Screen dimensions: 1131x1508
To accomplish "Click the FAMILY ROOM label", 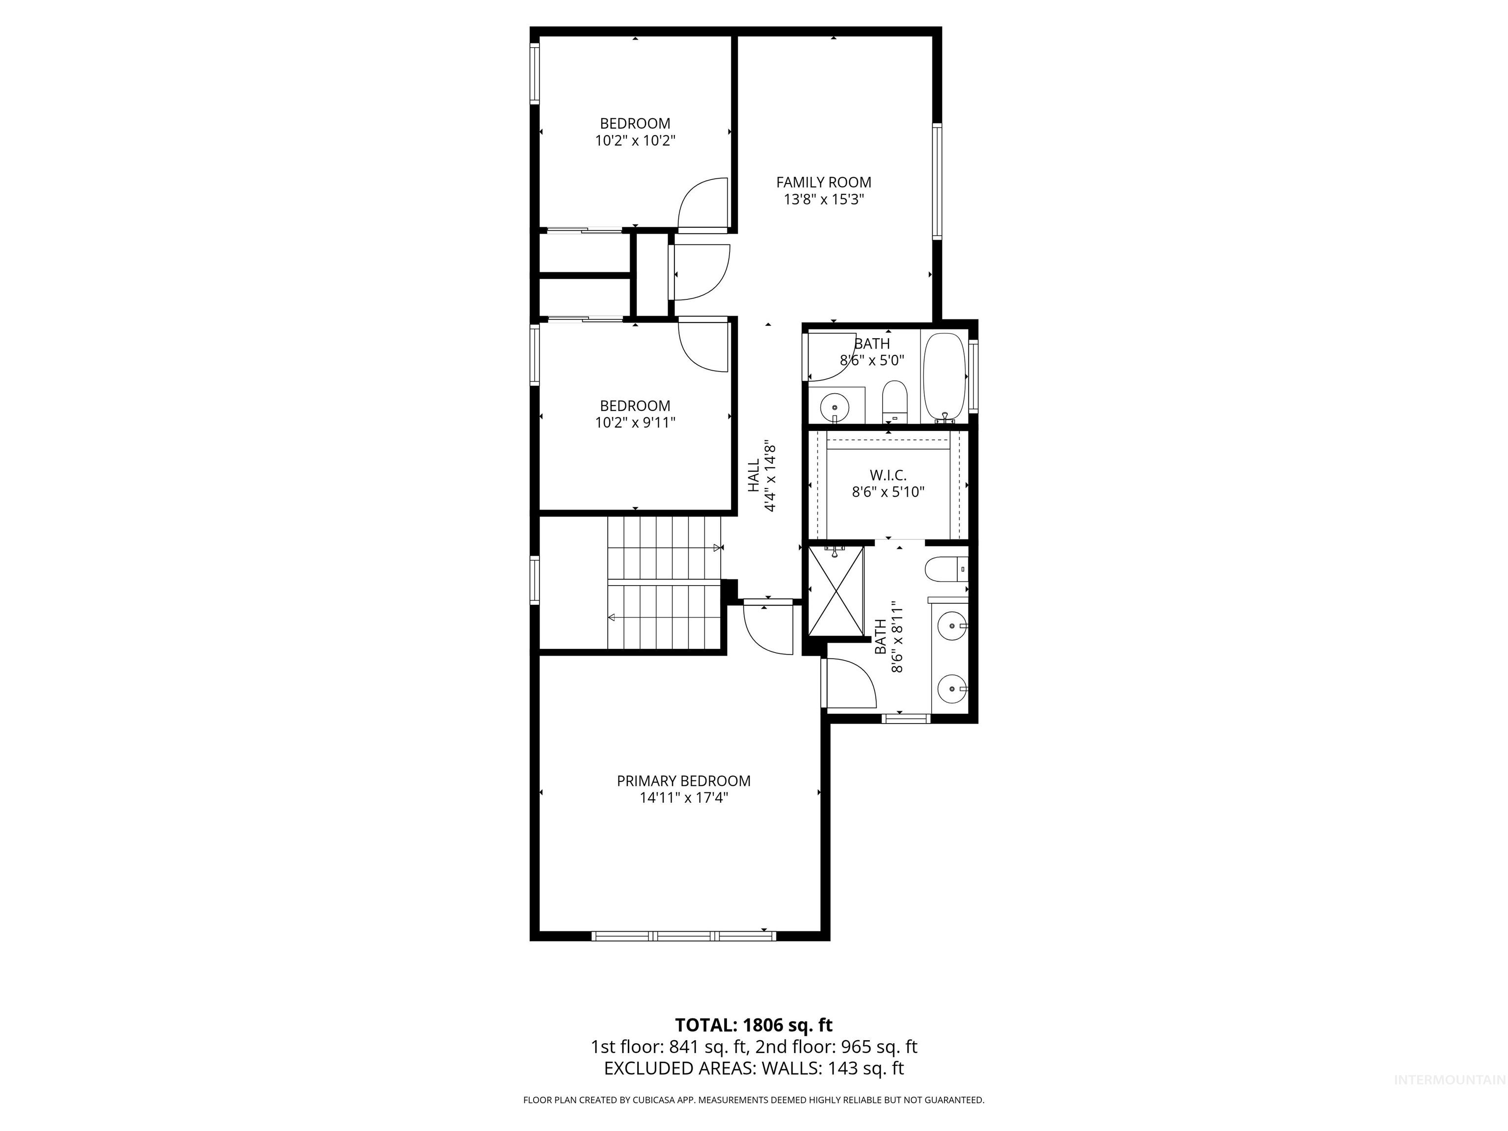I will (824, 182).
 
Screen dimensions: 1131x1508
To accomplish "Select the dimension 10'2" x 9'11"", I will (635, 423).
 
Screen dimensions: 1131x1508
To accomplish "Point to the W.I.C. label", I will (888, 475).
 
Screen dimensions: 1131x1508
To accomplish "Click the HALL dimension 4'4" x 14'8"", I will (770, 475).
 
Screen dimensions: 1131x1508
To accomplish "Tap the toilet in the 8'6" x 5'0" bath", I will (894, 402).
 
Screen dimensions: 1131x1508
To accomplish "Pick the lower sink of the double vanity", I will (950, 689).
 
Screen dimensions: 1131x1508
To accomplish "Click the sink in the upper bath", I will (835, 407).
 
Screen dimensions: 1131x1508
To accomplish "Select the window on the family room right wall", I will (937, 181).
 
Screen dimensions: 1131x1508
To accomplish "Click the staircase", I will (665, 584).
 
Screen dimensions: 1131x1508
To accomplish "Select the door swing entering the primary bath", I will (849, 684).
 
